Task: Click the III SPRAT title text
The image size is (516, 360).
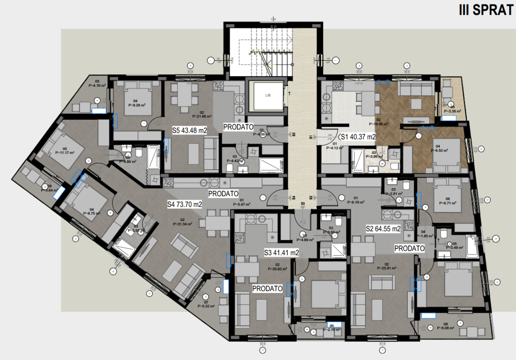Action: click(x=485, y=10)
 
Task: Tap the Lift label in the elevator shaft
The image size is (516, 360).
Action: click(x=268, y=95)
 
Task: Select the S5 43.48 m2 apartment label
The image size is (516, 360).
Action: click(x=190, y=130)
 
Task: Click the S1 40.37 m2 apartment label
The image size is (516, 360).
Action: click(x=358, y=137)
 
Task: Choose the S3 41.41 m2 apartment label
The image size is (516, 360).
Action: click(x=281, y=253)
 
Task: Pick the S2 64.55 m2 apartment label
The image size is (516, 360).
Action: click(x=383, y=229)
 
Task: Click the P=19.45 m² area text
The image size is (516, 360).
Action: click(x=379, y=123)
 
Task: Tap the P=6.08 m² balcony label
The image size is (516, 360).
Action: click(x=446, y=328)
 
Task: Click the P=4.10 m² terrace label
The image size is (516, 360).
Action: click(x=97, y=85)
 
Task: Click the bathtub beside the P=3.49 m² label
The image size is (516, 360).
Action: click(x=472, y=245)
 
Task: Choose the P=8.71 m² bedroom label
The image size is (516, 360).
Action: click(x=447, y=203)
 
